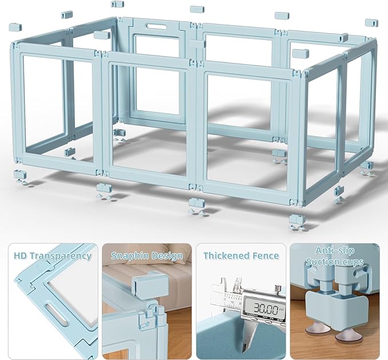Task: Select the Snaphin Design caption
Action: [x=147, y=256]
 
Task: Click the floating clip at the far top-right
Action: [x=371, y=23]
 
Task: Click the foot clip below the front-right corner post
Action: [x=297, y=219]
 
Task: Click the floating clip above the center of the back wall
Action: [x=197, y=10]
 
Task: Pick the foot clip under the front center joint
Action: [x=196, y=203]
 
